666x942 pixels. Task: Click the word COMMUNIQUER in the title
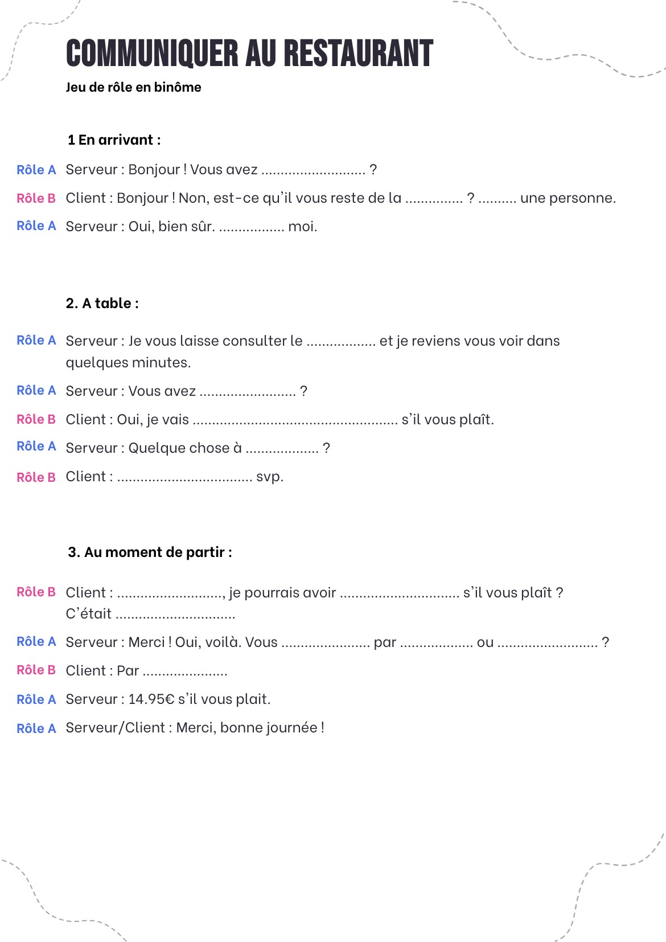[x=152, y=54]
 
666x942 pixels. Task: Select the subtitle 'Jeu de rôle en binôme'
[x=133, y=87]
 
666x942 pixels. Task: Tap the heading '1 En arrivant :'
[x=114, y=140]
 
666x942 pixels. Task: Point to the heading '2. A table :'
[x=102, y=304]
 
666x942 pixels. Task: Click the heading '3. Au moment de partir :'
[x=150, y=552]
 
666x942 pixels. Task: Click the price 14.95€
[x=151, y=699]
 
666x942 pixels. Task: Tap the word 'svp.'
[x=270, y=477]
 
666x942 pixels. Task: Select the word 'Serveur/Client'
[x=115, y=728]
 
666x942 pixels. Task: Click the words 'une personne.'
[x=568, y=198]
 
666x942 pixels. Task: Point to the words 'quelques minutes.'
[x=128, y=363]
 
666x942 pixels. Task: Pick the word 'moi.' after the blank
[x=302, y=227]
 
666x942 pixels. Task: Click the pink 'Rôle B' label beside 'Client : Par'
[x=36, y=670]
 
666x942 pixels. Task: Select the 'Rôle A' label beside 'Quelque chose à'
[x=36, y=447]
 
